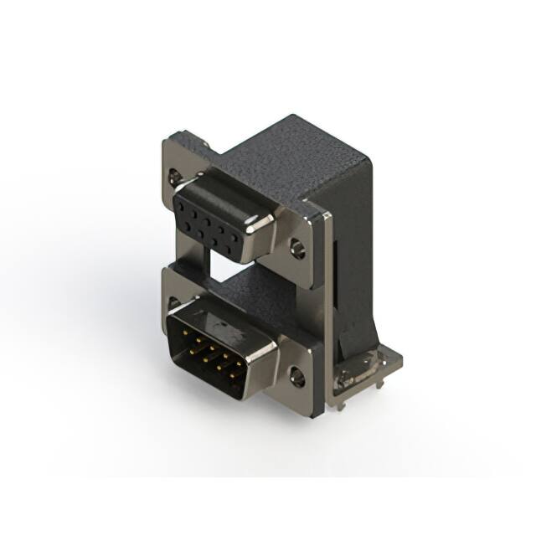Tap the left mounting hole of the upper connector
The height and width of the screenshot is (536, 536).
coord(175,177)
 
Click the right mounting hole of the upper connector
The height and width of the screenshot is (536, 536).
coord(297,248)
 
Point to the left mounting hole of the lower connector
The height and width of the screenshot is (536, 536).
coord(174,303)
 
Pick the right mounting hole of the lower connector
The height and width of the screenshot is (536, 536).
coord(297,376)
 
